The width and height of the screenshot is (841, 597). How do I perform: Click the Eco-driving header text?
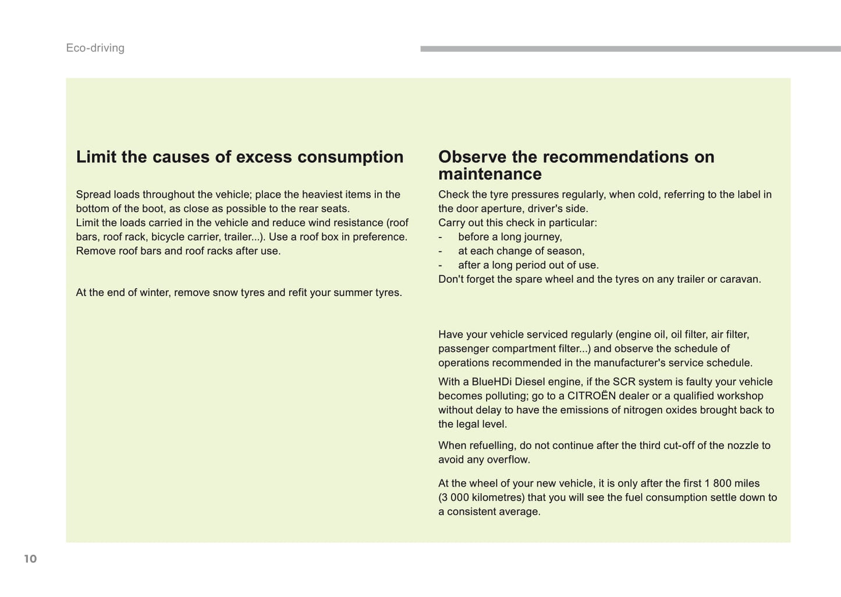pos(95,48)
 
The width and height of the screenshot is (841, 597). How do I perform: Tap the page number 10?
pos(30,559)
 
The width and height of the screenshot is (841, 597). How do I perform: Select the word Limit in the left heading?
pos(96,157)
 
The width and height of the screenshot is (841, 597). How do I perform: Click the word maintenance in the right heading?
pos(489,174)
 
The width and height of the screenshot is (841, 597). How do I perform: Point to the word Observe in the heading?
pos(472,157)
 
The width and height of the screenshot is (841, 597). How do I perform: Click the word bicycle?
pos(168,237)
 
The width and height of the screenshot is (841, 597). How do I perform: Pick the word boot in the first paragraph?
pos(152,209)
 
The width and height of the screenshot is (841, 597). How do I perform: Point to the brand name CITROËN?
pos(591,396)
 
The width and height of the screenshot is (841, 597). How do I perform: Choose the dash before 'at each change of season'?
pos(441,251)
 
